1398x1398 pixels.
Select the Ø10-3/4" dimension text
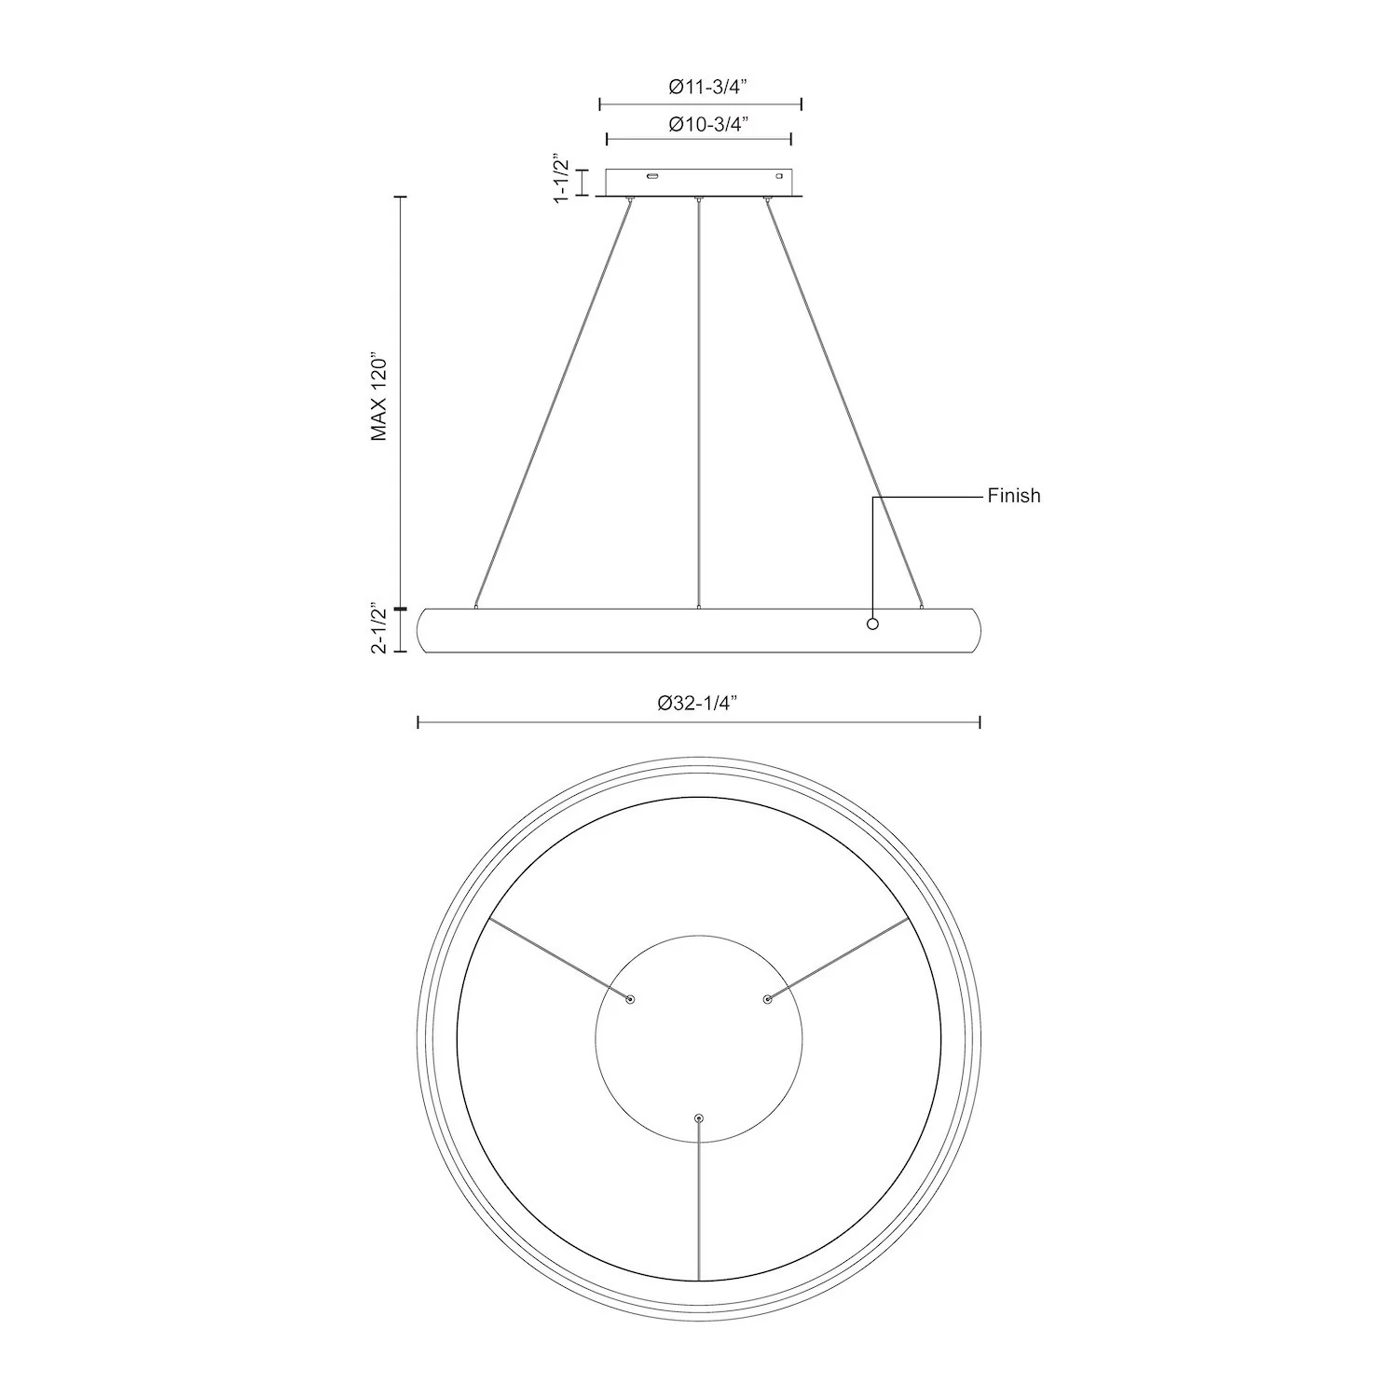[x=709, y=125]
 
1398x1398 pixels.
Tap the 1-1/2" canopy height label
[x=561, y=179]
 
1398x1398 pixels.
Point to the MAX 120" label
[x=378, y=396]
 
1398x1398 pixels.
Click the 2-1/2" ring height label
[x=378, y=628]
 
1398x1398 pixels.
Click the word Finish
[x=1014, y=496]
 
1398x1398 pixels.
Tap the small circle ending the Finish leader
[x=873, y=624]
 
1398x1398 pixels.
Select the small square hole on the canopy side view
[x=781, y=175]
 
